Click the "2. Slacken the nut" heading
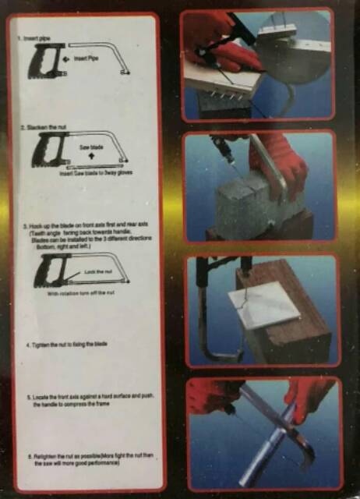click(x=42, y=126)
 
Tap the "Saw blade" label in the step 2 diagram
click(x=93, y=146)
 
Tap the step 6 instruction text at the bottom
click(x=86, y=458)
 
